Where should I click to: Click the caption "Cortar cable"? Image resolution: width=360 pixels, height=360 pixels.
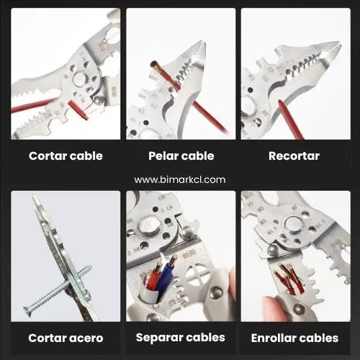[66, 156]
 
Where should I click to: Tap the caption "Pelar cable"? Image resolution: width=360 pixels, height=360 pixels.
[181, 156]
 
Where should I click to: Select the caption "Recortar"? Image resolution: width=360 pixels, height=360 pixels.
[294, 156]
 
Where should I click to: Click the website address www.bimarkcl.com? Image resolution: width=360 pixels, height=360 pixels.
[180, 180]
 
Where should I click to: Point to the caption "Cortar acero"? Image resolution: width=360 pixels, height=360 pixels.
[66, 338]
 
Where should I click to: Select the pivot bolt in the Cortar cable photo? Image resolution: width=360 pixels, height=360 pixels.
[80, 79]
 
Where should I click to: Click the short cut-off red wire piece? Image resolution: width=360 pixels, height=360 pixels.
[78, 110]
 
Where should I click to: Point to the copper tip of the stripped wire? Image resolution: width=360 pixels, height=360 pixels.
[156, 65]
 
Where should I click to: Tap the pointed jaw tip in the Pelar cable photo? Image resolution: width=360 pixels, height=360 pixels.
[204, 44]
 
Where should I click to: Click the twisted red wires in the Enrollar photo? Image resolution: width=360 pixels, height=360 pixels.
[290, 279]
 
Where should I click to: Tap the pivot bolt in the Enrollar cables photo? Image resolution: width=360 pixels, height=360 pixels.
[292, 225]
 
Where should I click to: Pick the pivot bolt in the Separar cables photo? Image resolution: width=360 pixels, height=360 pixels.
[149, 225]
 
